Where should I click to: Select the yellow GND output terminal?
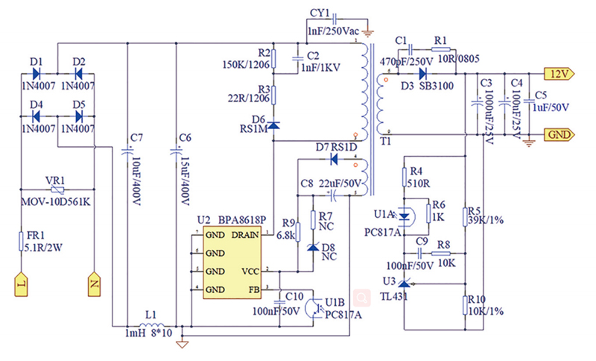click(x=559, y=134)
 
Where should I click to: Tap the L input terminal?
click(x=22, y=285)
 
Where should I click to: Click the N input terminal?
click(x=95, y=285)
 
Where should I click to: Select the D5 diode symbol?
click(x=78, y=116)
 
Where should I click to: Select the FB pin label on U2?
click(x=255, y=289)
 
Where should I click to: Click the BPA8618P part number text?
click(x=243, y=222)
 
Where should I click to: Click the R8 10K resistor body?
click(x=444, y=254)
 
